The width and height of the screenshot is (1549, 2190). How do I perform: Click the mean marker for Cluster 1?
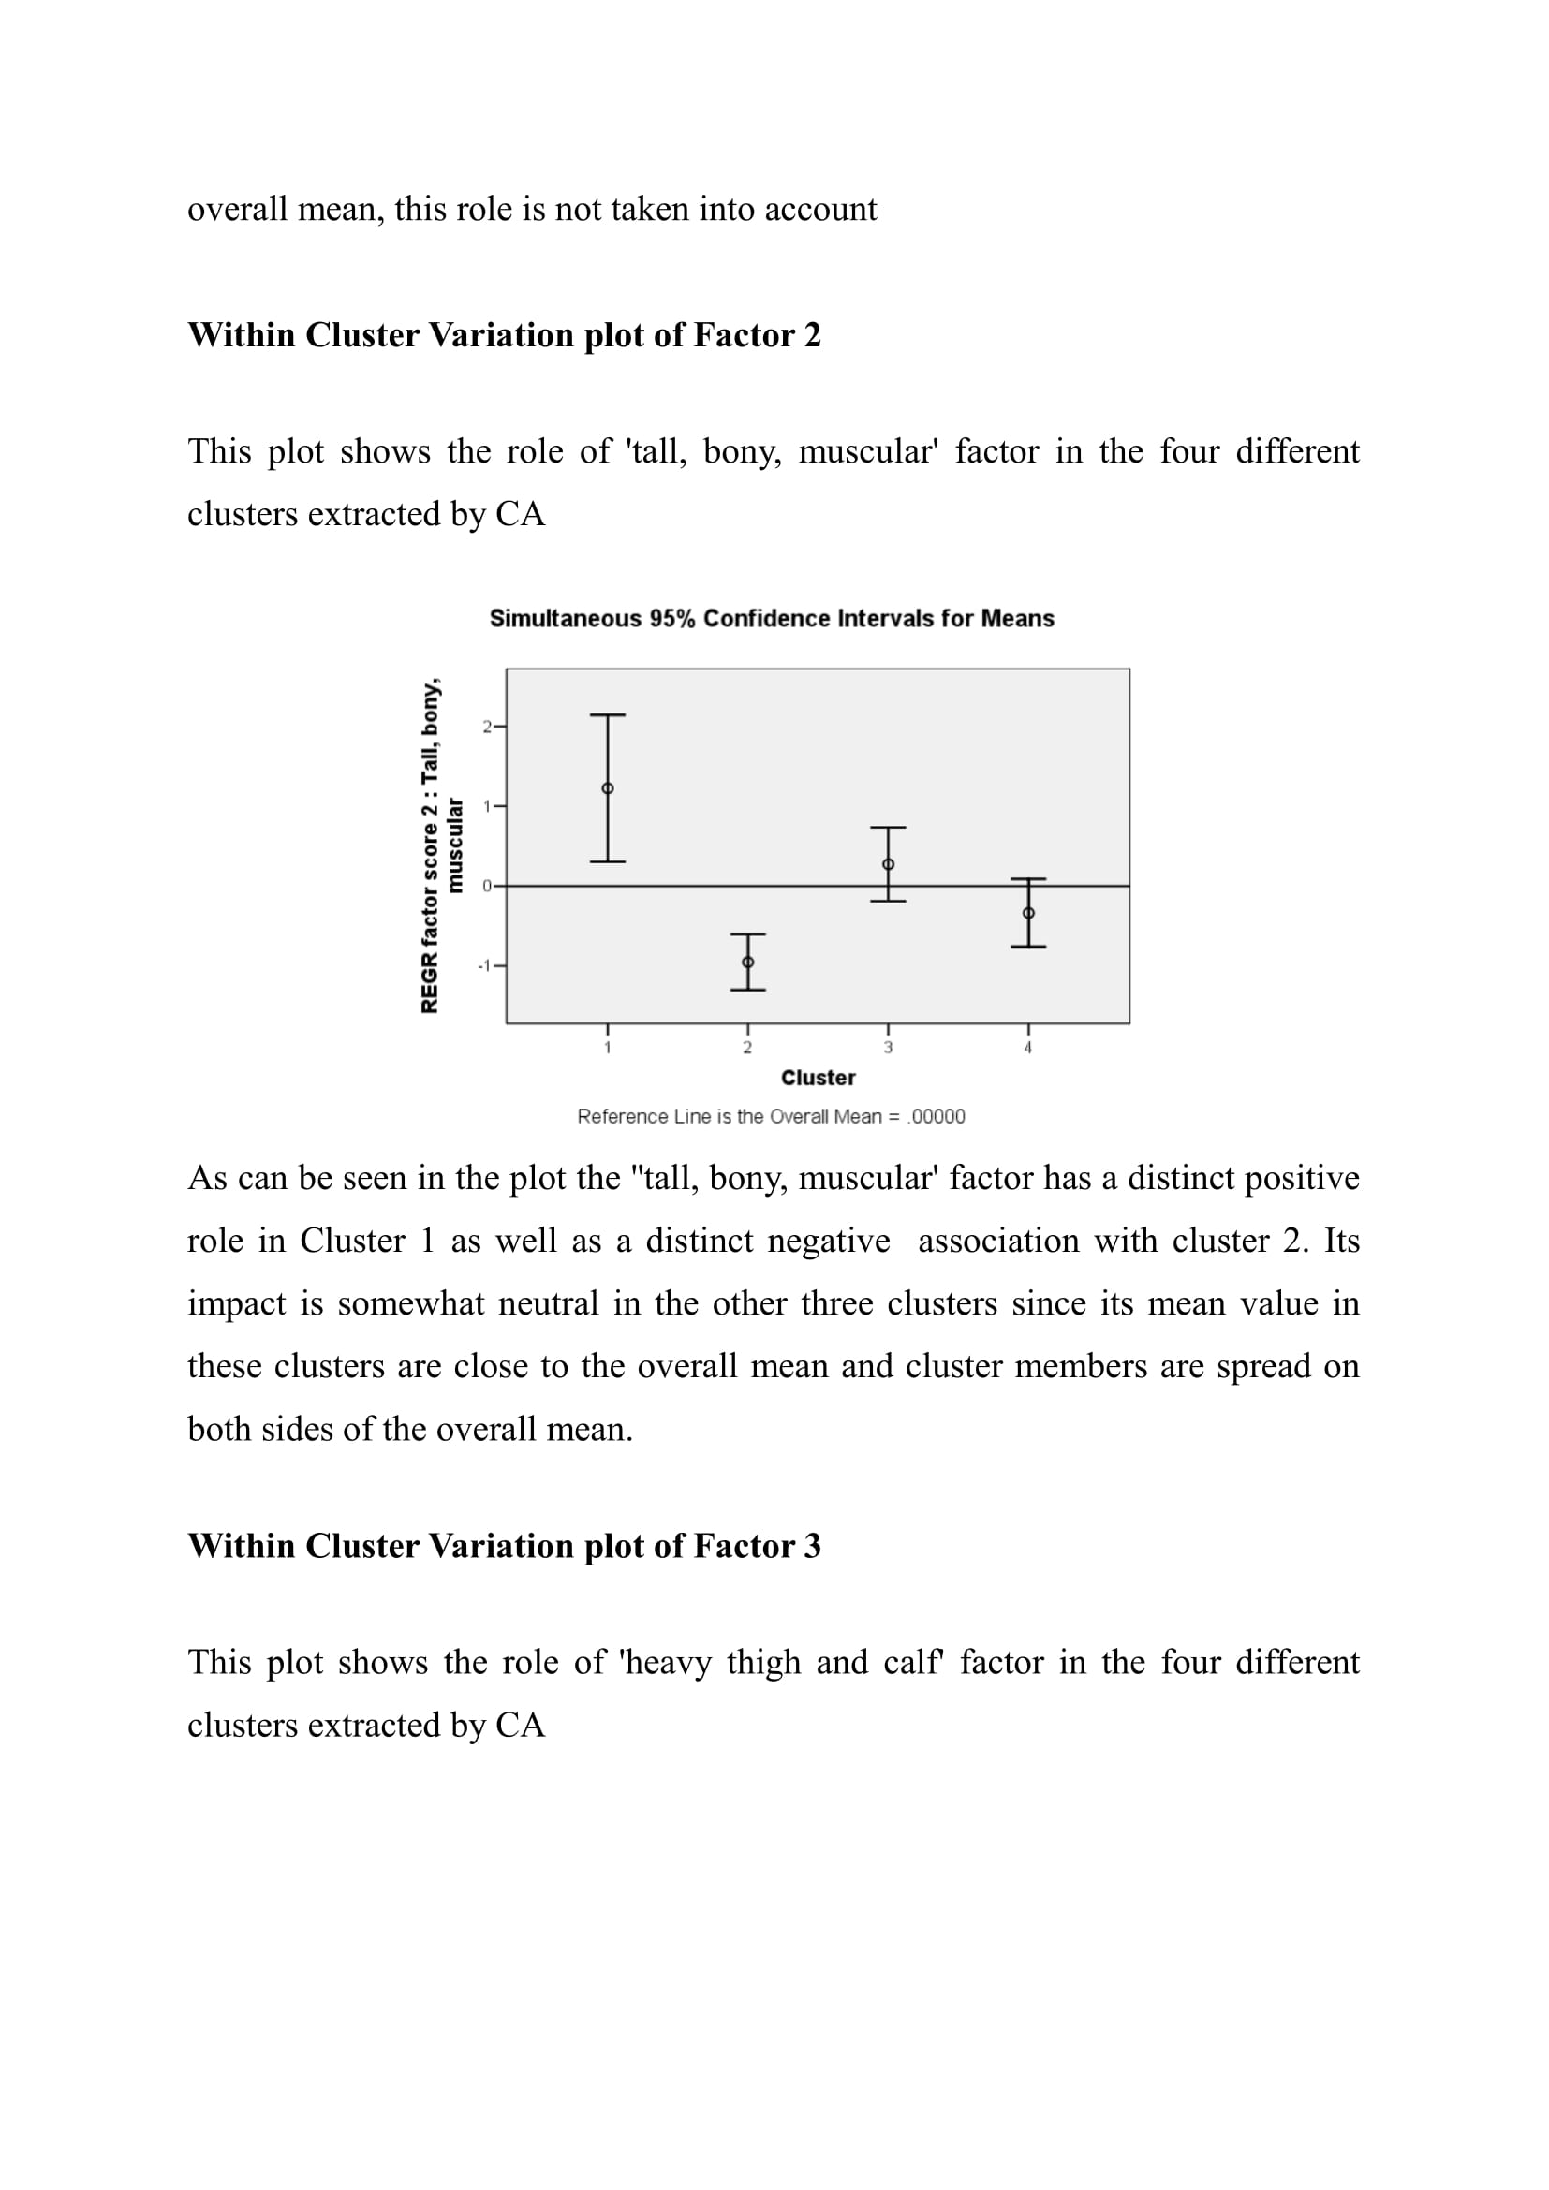coord(608,788)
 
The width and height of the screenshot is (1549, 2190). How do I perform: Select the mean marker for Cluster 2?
coord(747,963)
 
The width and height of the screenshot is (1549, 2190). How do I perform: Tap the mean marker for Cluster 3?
coord(888,864)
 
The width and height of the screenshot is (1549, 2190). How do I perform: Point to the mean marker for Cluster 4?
coord(1028,913)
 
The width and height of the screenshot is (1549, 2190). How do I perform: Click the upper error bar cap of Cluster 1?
coord(608,714)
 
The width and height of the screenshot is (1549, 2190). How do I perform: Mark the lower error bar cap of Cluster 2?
coord(747,990)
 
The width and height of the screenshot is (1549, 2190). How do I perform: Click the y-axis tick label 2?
coord(486,727)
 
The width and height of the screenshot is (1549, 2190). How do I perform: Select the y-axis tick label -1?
coord(484,966)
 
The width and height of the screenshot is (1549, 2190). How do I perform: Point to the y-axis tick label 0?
coord(486,886)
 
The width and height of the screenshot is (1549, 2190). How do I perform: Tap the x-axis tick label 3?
coord(888,1049)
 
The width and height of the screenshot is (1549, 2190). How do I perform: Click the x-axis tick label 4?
coord(1028,1049)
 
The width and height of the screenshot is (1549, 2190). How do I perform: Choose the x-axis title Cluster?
coord(818,1078)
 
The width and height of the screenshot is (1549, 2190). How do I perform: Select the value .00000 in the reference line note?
coord(937,1117)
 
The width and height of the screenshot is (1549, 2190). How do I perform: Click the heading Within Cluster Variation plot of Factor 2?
coord(504,335)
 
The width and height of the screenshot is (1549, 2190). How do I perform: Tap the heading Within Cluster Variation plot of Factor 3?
coord(504,1546)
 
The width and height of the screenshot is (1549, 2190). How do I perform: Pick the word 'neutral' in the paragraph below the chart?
coord(549,1303)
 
